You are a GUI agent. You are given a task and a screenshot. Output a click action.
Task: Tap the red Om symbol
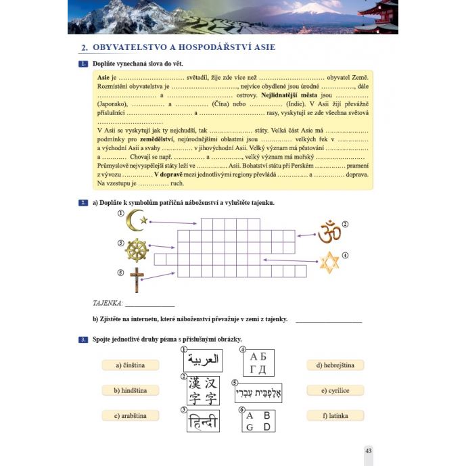tap(329, 231)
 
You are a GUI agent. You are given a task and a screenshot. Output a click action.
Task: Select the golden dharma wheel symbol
tap(137, 250)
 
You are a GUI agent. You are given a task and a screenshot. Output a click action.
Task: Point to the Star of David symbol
tap(329, 262)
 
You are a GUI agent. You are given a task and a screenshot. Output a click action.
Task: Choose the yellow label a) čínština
tap(132, 365)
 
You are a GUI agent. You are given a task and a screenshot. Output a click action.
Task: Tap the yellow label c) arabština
tap(131, 415)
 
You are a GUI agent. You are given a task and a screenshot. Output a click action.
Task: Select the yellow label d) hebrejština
tap(335, 365)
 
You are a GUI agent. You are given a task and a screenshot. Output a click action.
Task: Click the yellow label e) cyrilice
tap(335, 390)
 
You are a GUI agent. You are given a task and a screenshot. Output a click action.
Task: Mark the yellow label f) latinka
tap(335, 415)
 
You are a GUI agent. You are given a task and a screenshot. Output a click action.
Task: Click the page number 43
tap(368, 450)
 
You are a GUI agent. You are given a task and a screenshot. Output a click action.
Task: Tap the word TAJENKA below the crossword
tap(108, 303)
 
